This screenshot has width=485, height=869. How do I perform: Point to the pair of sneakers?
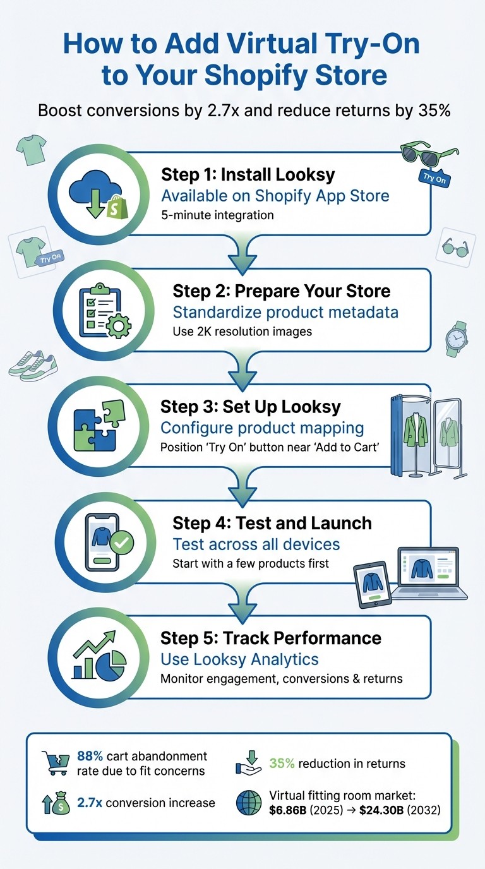click(33, 366)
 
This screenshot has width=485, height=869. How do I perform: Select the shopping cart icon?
click(56, 762)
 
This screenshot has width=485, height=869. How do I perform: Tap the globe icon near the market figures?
click(249, 802)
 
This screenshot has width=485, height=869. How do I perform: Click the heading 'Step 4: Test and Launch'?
click(272, 523)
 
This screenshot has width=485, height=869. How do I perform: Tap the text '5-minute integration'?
click(217, 215)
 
